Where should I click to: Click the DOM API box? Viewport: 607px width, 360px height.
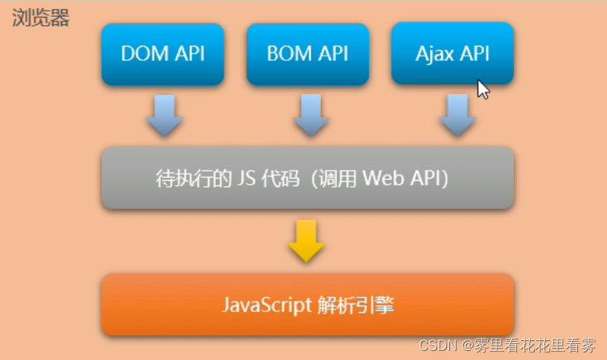point(162,54)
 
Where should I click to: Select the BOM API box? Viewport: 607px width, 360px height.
point(307,54)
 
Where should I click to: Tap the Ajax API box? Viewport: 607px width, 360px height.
point(452,54)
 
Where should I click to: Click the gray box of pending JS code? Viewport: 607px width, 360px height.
point(307,178)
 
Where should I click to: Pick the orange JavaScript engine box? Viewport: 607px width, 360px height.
point(307,305)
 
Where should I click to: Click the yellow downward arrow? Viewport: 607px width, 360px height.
point(307,241)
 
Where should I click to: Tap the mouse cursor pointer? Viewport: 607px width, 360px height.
point(483,89)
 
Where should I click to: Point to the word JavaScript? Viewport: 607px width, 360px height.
point(266,305)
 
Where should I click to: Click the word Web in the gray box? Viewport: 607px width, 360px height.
point(381,178)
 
